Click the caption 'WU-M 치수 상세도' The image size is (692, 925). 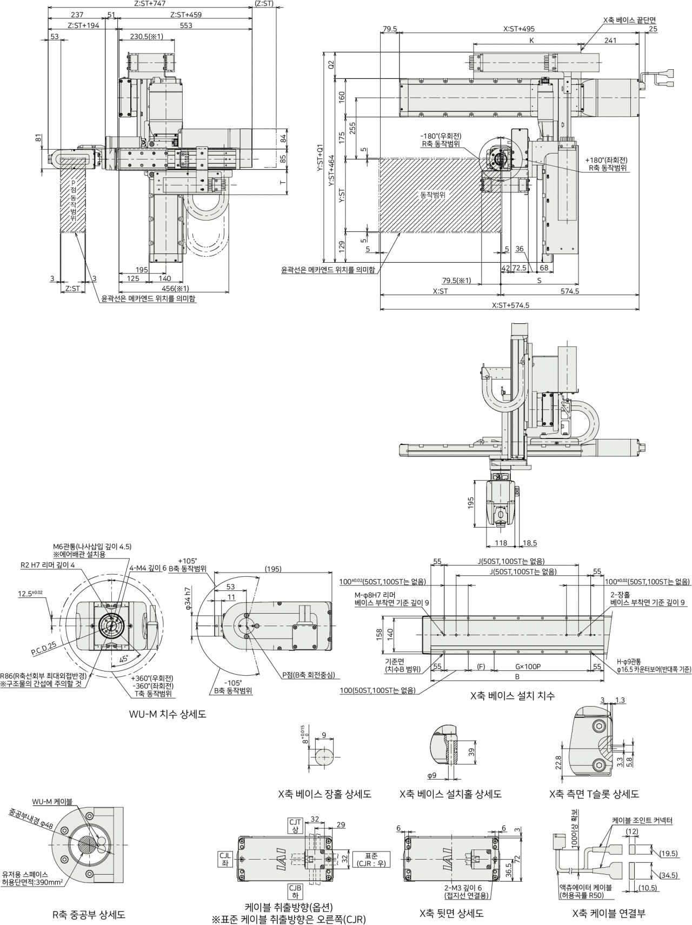click(x=167, y=714)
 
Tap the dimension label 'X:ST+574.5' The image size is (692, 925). click(x=511, y=305)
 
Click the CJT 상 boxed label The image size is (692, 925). click(x=295, y=826)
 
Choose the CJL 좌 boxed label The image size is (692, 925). click(x=225, y=860)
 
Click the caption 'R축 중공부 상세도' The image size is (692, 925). click(x=89, y=915)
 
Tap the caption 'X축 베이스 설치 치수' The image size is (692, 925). click(x=513, y=695)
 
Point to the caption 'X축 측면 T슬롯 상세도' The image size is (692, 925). click(x=594, y=794)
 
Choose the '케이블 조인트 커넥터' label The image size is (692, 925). click(x=642, y=820)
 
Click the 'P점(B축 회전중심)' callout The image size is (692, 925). click(x=308, y=675)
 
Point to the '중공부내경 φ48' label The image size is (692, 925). click(x=31, y=818)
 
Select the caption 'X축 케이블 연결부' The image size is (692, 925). click(x=609, y=914)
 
